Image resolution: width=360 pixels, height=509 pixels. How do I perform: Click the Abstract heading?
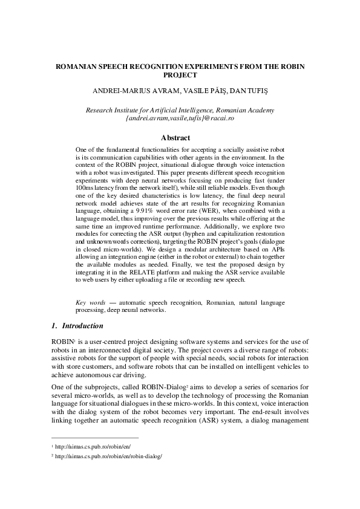[180, 138]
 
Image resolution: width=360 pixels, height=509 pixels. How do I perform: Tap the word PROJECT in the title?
[180, 76]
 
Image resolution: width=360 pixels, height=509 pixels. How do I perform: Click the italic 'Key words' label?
[89, 300]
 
